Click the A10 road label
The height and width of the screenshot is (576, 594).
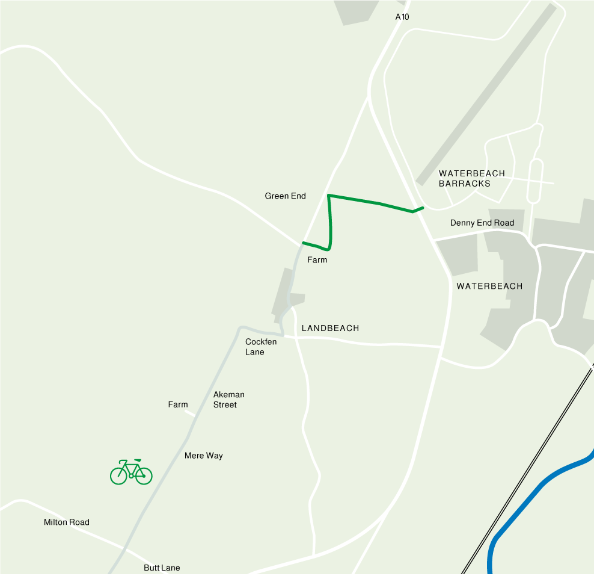click(402, 17)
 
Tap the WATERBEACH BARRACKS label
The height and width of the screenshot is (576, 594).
click(472, 178)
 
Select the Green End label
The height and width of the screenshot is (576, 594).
click(285, 196)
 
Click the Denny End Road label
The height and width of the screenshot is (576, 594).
click(482, 223)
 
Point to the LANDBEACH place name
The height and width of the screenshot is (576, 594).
click(330, 328)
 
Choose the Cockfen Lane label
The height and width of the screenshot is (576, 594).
click(261, 347)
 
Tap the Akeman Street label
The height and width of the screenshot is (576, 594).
click(228, 400)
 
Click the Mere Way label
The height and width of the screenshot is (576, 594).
click(203, 456)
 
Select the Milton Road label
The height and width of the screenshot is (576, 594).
click(66, 522)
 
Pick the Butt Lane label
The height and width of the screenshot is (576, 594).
click(162, 568)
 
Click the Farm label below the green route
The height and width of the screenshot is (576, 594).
click(317, 260)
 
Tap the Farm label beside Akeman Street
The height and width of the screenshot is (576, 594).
click(178, 404)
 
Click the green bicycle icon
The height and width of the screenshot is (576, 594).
click(131, 472)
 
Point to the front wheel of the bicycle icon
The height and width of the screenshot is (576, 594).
click(118, 475)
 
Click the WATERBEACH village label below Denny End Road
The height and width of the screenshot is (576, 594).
click(489, 286)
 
